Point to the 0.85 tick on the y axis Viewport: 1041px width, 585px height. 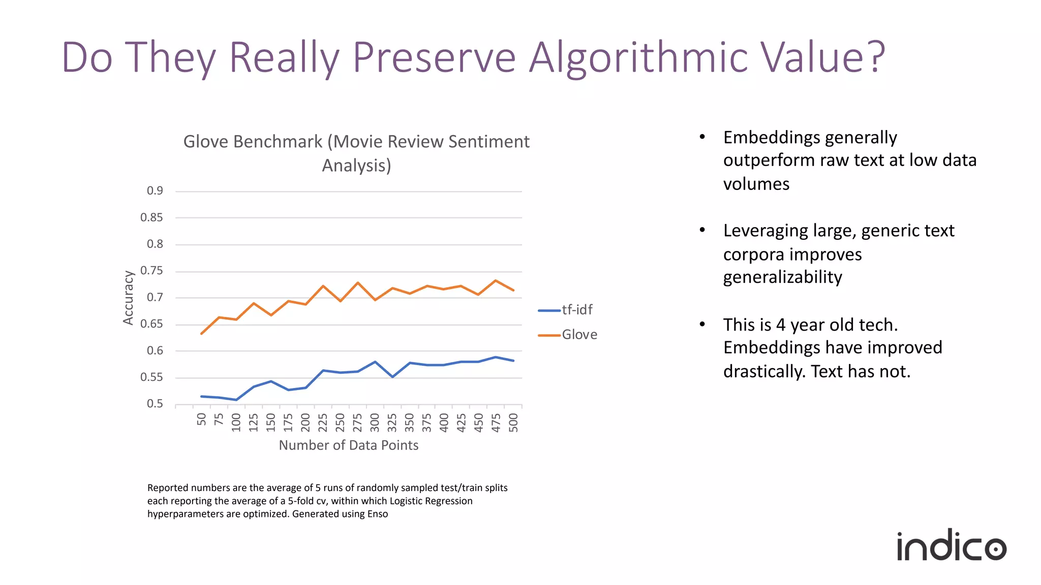click(x=151, y=217)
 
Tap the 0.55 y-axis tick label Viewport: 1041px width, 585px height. click(x=151, y=377)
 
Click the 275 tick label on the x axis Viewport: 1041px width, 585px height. click(x=357, y=422)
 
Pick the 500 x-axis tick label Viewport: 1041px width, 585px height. click(x=513, y=422)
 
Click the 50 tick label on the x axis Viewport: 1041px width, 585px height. click(x=202, y=419)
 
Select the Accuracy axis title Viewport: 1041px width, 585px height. click(x=128, y=298)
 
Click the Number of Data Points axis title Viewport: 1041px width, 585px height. click(x=349, y=445)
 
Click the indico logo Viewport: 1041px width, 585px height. click(x=951, y=546)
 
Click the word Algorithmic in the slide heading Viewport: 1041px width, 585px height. click(x=638, y=57)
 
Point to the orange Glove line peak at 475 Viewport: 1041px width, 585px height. click(x=496, y=280)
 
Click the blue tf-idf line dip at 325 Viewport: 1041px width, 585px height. click(x=392, y=377)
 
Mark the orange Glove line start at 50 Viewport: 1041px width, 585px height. click(x=202, y=334)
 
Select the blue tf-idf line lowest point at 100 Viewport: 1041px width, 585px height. click(x=236, y=400)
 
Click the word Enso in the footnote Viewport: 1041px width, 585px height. click(x=378, y=514)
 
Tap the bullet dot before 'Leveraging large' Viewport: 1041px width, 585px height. click(x=702, y=230)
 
